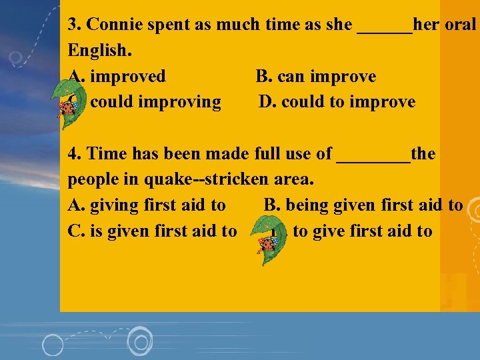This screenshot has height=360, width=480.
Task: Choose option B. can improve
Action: pyautogui.click(x=316, y=77)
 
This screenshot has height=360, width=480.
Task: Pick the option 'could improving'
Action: pyautogui.click(x=155, y=102)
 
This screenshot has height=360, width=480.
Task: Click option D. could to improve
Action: pyautogui.click(x=337, y=102)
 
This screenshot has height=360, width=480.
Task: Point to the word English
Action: pyautogui.click(x=96, y=51)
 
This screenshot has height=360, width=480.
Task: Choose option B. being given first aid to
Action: pyautogui.click(x=363, y=205)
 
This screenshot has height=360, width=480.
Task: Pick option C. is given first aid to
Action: pyautogui.click(x=152, y=231)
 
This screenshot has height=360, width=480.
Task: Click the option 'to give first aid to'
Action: pyautogui.click(x=362, y=231)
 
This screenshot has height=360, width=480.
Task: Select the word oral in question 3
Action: pyautogui.click(x=459, y=25)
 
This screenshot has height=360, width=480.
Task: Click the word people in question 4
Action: pyautogui.click(x=93, y=180)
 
